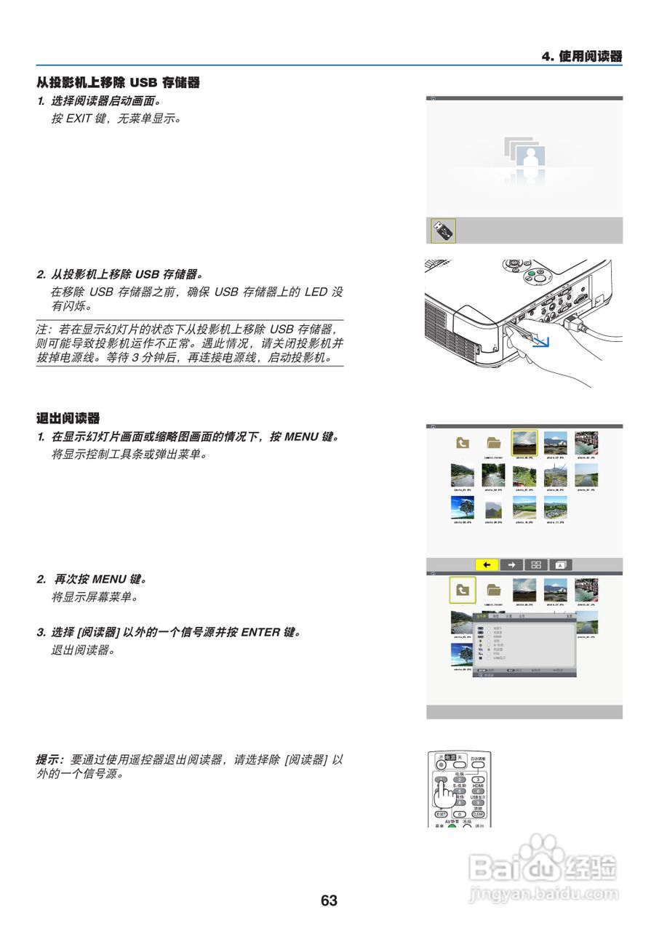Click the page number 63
click(x=329, y=900)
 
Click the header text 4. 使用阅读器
click(x=582, y=57)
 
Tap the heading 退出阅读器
click(x=68, y=418)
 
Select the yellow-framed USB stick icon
click(x=443, y=231)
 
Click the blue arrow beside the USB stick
click(x=541, y=340)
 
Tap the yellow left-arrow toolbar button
click(x=487, y=564)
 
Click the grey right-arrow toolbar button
click(x=511, y=564)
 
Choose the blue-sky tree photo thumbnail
click(x=463, y=508)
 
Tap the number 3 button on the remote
click(x=478, y=780)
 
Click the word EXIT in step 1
click(x=79, y=118)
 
